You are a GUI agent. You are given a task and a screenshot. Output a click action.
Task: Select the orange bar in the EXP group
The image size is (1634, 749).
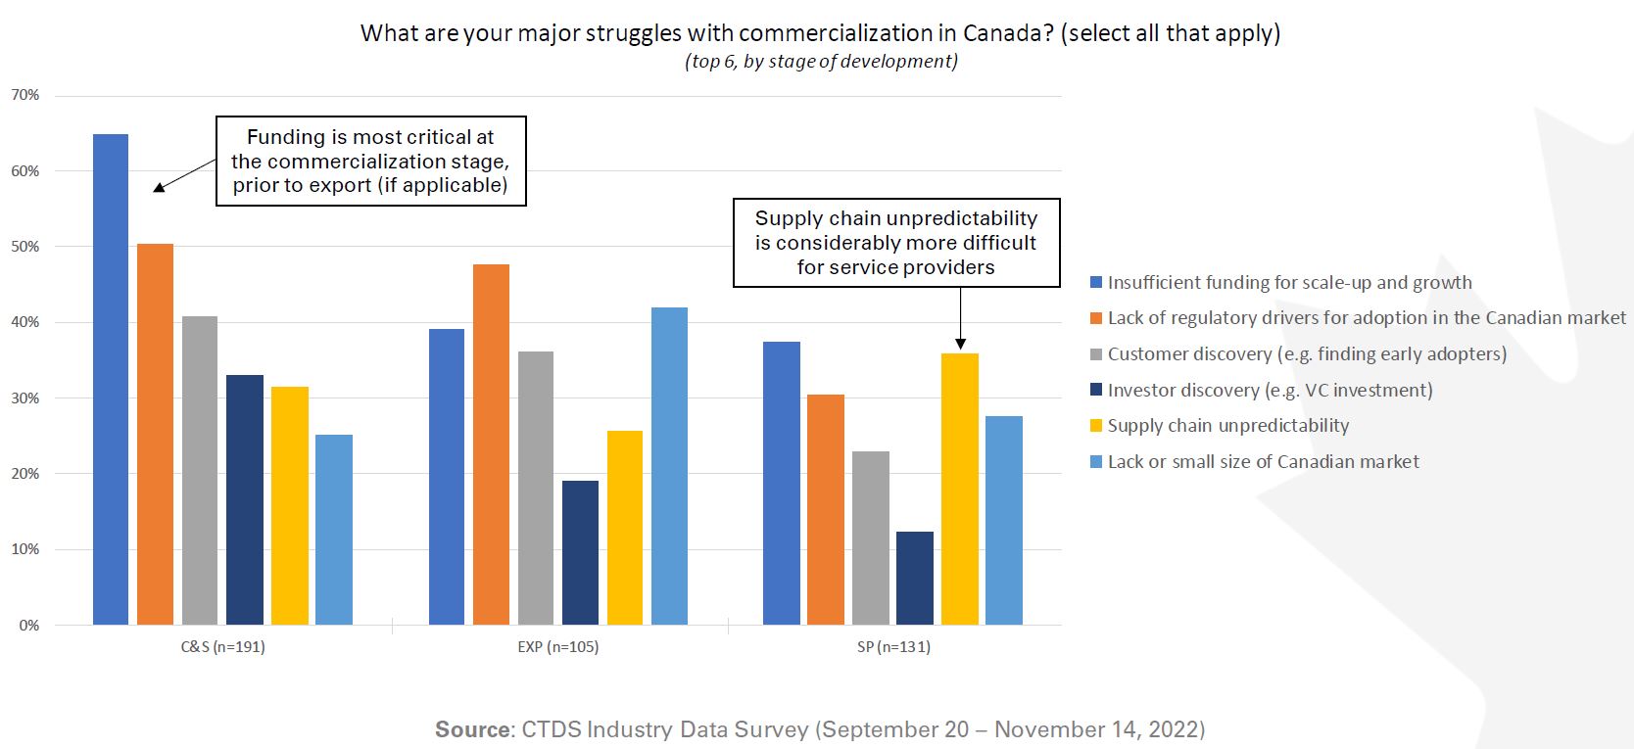pyautogui.click(x=491, y=445)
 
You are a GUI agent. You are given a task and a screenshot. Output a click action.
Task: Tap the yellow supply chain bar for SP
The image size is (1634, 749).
pyautogui.click(x=959, y=489)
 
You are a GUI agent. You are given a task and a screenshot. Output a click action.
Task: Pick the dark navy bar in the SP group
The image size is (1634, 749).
pyautogui.click(x=915, y=578)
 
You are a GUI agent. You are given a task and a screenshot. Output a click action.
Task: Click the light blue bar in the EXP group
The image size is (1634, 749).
pyautogui.click(x=669, y=466)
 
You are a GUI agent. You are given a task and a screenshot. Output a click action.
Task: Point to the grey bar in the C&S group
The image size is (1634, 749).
pyautogui.click(x=200, y=470)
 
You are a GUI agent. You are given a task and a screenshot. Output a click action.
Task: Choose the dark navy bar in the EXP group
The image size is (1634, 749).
pyautogui.click(x=580, y=552)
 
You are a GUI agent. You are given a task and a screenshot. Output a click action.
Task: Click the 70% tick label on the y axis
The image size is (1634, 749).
pyautogui.click(x=25, y=95)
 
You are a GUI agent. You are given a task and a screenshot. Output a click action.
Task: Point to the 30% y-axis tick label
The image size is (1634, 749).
pyautogui.click(x=25, y=398)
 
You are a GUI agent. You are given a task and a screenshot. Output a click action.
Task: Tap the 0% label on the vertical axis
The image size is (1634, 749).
pyautogui.click(x=29, y=626)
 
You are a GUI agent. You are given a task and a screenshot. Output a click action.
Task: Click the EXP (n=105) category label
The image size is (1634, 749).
pyautogui.click(x=558, y=647)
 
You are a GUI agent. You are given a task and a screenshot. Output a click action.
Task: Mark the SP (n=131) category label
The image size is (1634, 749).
pyautogui.click(x=892, y=647)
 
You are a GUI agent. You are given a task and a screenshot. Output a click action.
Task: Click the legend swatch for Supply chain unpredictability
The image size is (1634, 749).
pyautogui.click(x=1096, y=426)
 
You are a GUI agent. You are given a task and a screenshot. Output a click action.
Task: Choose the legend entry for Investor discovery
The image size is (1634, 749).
pyautogui.click(x=1270, y=391)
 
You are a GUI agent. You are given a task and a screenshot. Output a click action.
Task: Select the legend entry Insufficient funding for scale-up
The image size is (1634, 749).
pyautogui.click(x=1289, y=283)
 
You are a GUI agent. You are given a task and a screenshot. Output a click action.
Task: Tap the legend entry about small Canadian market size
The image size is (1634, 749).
pyautogui.click(x=1263, y=462)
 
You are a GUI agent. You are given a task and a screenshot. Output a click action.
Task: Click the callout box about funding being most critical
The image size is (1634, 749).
pyautogui.click(x=370, y=162)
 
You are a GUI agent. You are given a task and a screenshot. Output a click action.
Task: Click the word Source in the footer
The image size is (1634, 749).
pyautogui.click(x=472, y=729)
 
